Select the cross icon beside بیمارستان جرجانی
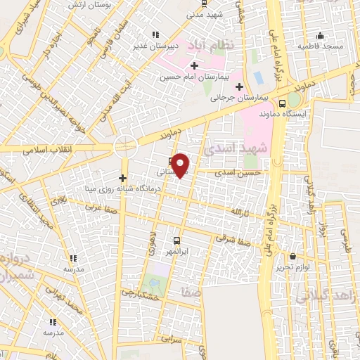coord(240,87)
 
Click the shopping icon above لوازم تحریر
coord(292,256)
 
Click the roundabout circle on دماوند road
coord(125,146)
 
